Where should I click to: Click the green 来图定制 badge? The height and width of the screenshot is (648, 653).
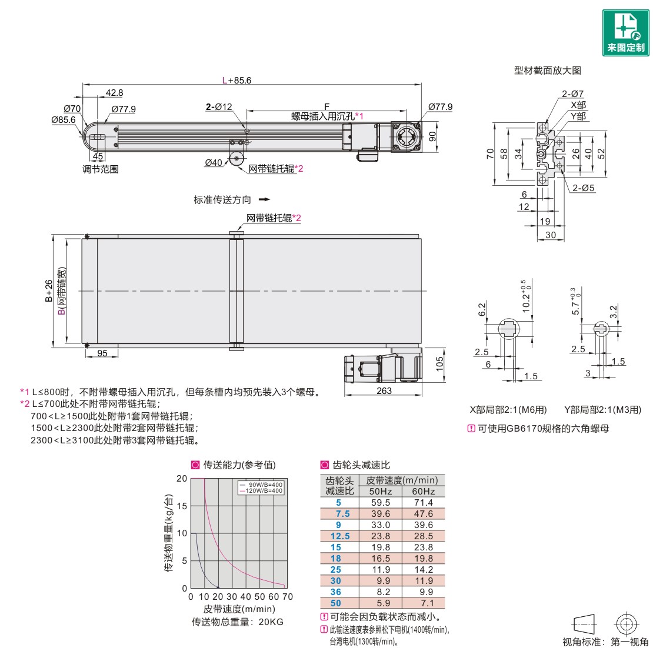pyautogui.click(x=625, y=32)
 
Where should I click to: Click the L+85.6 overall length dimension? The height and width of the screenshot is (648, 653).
pyautogui.click(x=236, y=81)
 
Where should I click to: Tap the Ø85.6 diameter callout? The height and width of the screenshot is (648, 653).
pyautogui.click(x=64, y=120)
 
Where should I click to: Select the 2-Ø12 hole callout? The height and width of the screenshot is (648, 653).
pyautogui.click(x=219, y=106)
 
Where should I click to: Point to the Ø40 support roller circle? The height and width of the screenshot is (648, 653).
pyautogui.click(x=236, y=159)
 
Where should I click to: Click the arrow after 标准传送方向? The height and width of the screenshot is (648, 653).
pyautogui.click(x=265, y=199)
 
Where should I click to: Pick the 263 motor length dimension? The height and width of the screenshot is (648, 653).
pyautogui.click(x=384, y=390)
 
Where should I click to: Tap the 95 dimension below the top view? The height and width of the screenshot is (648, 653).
pyautogui.click(x=102, y=353)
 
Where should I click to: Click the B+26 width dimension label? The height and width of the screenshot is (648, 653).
pyautogui.click(x=49, y=290)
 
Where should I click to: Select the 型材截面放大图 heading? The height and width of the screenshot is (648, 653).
pyautogui.click(x=547, y=71)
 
